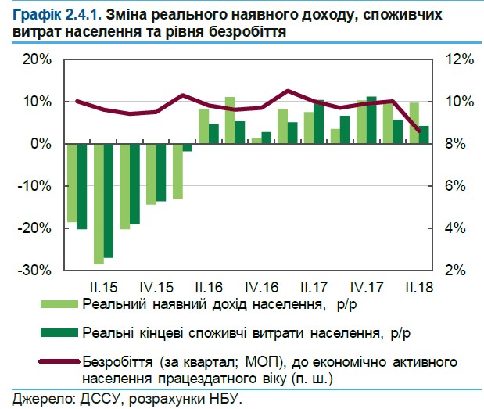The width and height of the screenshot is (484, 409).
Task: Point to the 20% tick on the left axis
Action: pos(36,60)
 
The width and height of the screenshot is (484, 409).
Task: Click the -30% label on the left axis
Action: pos(34,270)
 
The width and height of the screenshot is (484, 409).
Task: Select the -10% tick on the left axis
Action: pos(34,186)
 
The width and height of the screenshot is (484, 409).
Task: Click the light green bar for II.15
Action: pos(99,203)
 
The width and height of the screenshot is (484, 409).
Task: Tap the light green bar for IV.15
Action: pos(152,174)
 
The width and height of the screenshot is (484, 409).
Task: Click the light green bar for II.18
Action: pos(414,124)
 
